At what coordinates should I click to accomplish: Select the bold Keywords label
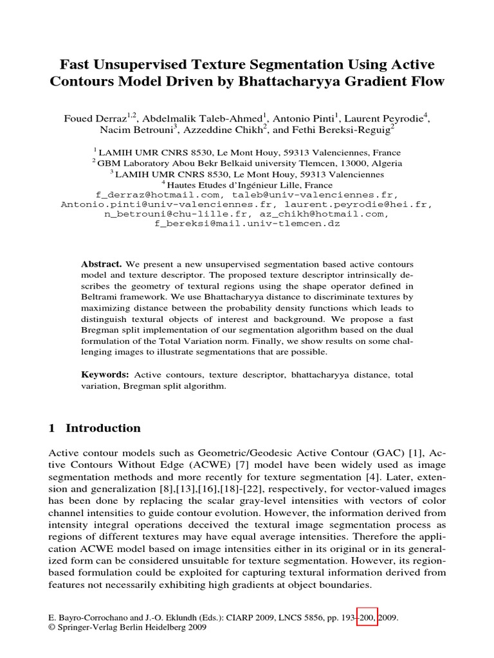105,375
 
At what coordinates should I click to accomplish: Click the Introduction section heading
103,429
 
